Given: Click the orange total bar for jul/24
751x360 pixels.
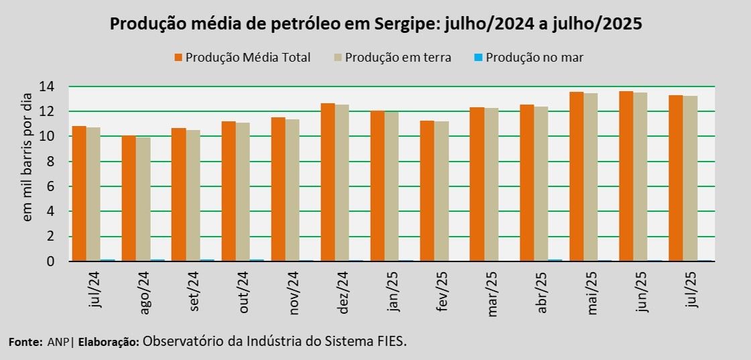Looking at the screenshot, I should click(x=78, y=194).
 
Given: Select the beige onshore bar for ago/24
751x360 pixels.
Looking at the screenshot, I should click(x=143, y=199).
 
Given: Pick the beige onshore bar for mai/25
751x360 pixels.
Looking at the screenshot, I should click(x=590, y=177).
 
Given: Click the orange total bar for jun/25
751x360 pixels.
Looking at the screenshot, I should click(x=626, y=176).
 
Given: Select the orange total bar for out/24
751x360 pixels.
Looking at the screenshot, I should click(x=228, y=191).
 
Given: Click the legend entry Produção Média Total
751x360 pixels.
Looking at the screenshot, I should click(x=247, y=58).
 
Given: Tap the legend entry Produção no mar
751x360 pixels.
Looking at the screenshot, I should click(x=534, y=58).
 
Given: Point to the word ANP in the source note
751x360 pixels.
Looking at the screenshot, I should click(x=58, y=342).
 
